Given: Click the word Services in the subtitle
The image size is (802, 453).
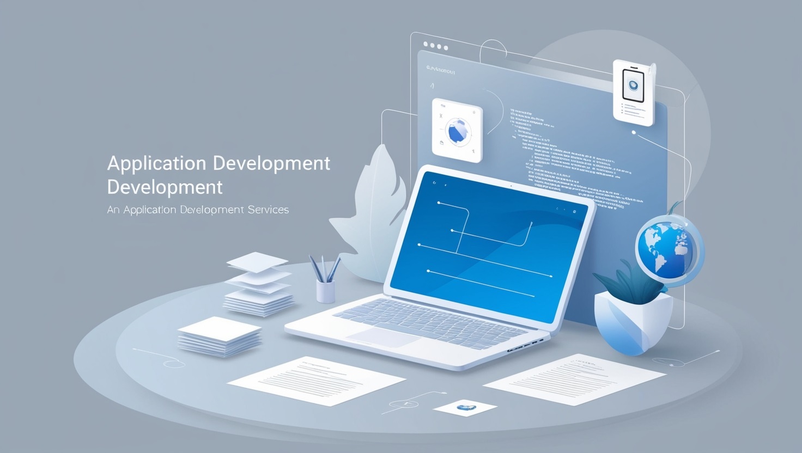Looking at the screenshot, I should [268, 210].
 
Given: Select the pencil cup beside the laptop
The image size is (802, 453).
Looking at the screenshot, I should [326, 291].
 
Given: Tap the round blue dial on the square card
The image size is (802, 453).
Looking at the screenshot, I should [457, 131].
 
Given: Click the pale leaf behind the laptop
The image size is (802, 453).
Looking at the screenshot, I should [370, 218].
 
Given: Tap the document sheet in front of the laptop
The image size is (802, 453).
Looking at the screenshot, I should [316, 381].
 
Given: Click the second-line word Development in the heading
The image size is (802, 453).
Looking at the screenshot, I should [165, 187].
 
